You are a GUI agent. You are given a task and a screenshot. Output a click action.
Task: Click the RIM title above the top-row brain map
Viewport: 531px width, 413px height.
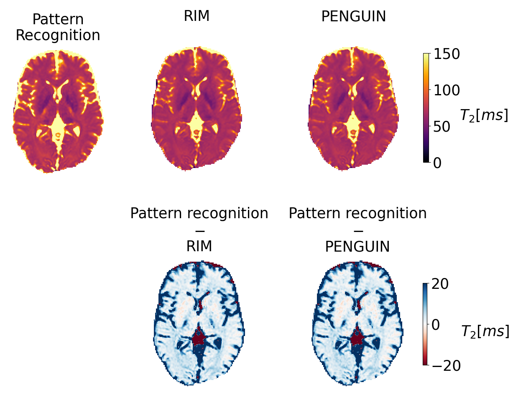coord(197,16)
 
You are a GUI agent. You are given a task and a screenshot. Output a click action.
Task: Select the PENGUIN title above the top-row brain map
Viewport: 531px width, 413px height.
coord(353,17)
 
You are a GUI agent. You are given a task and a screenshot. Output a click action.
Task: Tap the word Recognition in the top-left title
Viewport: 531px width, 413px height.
coord(58,35)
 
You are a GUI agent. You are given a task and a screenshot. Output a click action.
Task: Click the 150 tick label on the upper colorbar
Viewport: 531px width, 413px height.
coord(447,54)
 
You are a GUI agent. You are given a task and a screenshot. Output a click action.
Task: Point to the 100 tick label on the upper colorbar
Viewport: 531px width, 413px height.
coord(447,90)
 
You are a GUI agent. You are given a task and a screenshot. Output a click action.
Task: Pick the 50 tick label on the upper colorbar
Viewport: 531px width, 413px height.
coord(442,127)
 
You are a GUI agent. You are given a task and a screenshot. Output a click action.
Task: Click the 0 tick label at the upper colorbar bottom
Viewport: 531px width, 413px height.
coord(437,163)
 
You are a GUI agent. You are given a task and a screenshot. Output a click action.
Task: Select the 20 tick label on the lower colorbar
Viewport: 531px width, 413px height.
coord(440,284)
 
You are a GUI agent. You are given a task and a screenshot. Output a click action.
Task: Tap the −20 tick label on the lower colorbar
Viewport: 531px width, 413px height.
coord(446,366)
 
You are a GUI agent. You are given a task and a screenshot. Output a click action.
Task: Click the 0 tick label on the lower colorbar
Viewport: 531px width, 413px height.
coord(436,325)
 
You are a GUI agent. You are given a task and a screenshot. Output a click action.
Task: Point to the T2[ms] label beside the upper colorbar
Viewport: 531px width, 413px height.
coord(484,115)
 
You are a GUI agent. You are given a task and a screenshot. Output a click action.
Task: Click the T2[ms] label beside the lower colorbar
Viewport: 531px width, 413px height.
coord(485,331)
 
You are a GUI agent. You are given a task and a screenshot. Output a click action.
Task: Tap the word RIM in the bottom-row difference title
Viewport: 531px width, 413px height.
coord(199,246)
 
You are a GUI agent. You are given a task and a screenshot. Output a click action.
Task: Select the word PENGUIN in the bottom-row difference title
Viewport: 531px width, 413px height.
coord(357,247)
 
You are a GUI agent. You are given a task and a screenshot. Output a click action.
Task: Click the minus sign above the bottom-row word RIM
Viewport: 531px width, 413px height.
coord(199,231)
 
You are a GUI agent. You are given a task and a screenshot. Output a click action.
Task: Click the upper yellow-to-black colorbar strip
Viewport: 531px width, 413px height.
coord(426,107)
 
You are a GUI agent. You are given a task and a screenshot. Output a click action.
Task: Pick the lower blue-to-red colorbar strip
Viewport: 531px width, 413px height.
coord(425,324)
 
